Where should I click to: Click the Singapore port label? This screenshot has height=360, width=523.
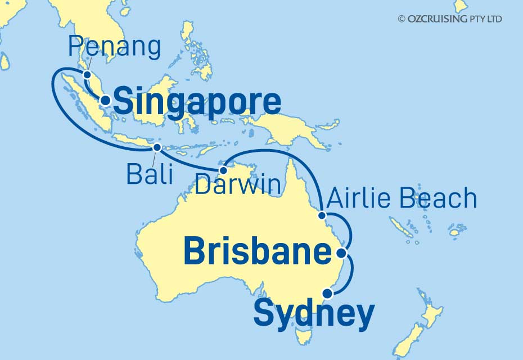[197, 103]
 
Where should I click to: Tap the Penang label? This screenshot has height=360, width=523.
[115, 47]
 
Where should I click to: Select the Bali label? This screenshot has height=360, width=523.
[148, 174]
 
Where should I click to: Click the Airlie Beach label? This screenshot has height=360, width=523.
[402, 199]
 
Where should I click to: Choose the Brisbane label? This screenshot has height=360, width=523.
[257, 252]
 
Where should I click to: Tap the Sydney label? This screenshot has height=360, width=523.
[313, 313]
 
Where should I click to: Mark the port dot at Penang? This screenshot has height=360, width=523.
[87, 74]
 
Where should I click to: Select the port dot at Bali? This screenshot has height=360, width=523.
[157, 147]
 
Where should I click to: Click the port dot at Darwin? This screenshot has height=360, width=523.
[223, 170]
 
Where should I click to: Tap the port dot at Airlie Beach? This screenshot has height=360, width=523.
[322, 215]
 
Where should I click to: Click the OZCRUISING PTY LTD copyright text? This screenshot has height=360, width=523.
[450, 19]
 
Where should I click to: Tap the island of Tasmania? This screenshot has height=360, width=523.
[304, 336]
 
